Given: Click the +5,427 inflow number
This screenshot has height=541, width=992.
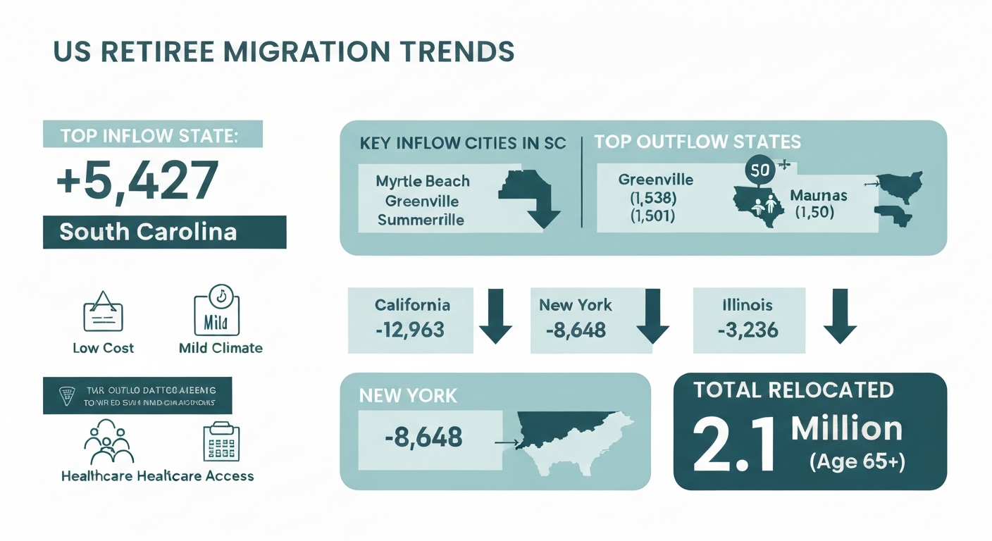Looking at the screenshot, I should click(137, 181).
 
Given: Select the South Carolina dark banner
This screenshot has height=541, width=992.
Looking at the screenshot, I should click(164, 232).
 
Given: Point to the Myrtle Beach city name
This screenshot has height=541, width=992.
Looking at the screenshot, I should click(423, 181).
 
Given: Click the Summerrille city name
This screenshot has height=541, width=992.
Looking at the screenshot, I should click(421, 220).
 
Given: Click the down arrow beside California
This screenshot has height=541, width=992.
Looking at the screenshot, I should click(495, 316).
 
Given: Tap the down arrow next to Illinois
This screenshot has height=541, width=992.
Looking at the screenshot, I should click(839, 316).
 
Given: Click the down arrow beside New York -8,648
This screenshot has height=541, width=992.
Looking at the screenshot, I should click(652, 316).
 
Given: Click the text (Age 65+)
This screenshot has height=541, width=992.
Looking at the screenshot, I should click(856, 462).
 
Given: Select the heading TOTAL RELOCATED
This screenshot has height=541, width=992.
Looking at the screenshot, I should click(793, 390).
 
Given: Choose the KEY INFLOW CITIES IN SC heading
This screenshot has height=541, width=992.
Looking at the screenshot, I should click(462, 143).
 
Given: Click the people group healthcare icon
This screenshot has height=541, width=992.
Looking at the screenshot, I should click(108, 442).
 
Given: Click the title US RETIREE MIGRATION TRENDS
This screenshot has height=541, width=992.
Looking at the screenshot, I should click(284, 54).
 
